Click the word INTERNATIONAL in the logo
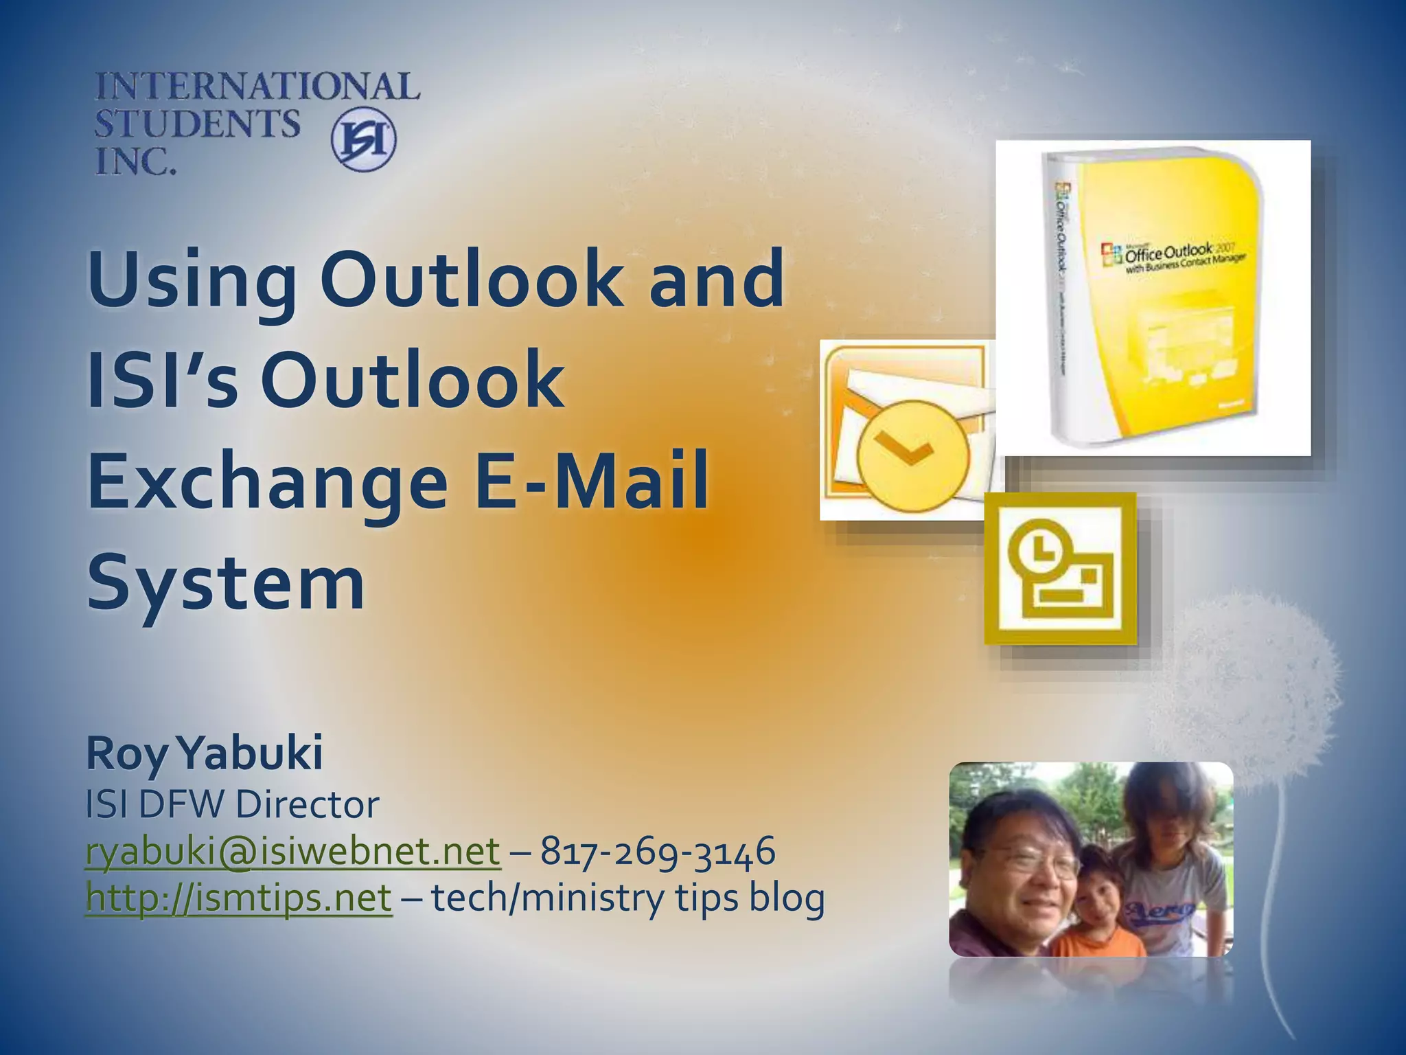tap(257, 87)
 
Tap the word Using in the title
tap(192, 282)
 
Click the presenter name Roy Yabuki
tap(204, 753)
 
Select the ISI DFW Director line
tap(232, 804)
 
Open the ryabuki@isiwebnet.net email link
tap(293, 852)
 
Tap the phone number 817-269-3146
tap(658, 852)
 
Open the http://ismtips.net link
tap(239, 898)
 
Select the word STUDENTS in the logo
tap(197, 124)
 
